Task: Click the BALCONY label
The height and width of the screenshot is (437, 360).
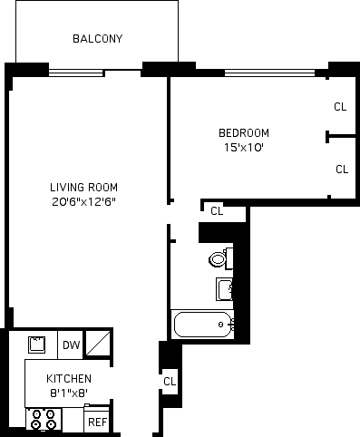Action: click(x=98, y=39)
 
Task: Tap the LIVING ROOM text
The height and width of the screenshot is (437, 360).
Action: click(x=83, y=188)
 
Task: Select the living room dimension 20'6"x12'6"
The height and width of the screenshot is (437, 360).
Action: click(x=83, y=201)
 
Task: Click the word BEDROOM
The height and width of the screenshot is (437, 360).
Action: click(x=244, y=133)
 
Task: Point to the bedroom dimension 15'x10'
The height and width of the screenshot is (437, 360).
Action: click(x=244, y=148)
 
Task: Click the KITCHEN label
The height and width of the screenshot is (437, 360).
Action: click(x=69, y=379)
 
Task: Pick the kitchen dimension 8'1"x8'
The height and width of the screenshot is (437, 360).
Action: click(x=69, y=393)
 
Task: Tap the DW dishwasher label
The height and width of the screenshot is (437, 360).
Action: click(x=72, y=345)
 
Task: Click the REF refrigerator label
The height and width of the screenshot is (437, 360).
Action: click(x=97, y=422)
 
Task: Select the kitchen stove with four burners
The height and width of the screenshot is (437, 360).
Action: click(x=44, y=419)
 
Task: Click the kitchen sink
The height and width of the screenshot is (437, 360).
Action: click(x=37, y=345)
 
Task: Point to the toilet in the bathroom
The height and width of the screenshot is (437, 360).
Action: click(x=221, y=258)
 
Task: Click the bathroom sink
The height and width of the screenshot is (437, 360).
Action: click(x=224, y=289)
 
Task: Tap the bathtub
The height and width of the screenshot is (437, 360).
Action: click(x=203, y=325)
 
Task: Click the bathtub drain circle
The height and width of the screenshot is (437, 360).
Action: click(x=220, y=325)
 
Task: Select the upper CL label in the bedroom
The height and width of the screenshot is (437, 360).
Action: click(x=340, y=107)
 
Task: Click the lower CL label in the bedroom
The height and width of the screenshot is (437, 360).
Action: click(x=342, y=170)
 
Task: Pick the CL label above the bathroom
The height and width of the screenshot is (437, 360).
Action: click(x=217, y=211)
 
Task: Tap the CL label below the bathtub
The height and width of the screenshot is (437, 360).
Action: click(x=170, y=382)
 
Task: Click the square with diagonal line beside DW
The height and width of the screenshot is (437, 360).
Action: click(x=98, y=343)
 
